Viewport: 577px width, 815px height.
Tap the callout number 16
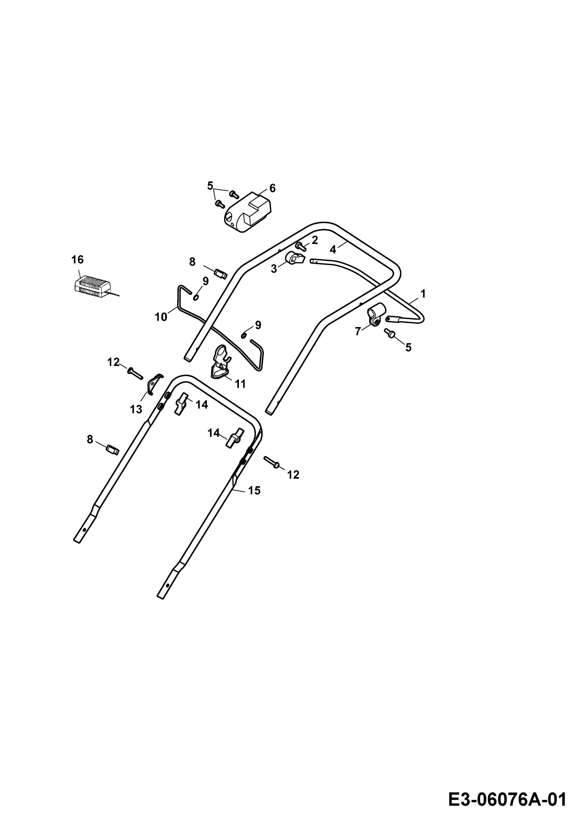[x=77, y=260]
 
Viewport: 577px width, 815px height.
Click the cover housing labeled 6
[x=247, y=212]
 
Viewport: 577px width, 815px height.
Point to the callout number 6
[x=272, y=188]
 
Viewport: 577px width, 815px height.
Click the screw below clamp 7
[x=390, y=333]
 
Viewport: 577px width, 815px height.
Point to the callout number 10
[x=161, y=317]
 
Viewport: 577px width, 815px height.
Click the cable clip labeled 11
[x=221, y=363]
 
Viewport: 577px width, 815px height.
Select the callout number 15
[x=254, y=491]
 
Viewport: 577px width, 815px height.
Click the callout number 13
[x=136, y=409]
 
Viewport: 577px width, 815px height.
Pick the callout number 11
[x=240, y=384]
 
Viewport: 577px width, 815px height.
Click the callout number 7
[x=358, y=331]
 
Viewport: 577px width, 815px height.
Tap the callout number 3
[x=273, y=269]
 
